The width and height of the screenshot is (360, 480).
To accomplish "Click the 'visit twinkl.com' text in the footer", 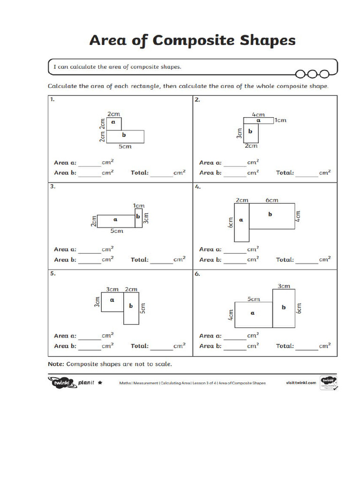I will click(x=301, y=383).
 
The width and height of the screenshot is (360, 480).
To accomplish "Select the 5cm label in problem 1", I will click(x=125, y=147).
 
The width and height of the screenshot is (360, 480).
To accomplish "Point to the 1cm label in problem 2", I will click(x=280, y=120).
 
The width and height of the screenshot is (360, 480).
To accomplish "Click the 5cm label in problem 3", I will click(x=117, y=231).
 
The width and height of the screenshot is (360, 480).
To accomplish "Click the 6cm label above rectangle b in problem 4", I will click(x=272, y=200).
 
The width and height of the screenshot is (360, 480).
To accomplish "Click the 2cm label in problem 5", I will click(x=131, y=289).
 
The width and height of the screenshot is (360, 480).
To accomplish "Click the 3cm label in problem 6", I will click(x=284, y=286).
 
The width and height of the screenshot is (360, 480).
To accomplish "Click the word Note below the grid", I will click(x=56, y=364).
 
